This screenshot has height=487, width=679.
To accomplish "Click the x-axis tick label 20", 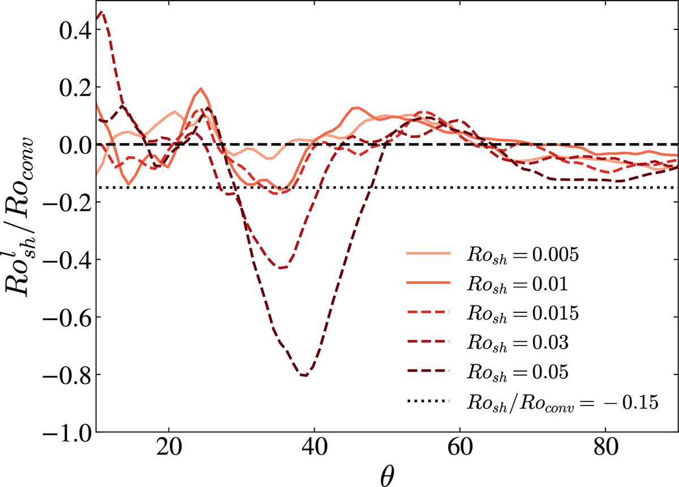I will (x=169, y=453).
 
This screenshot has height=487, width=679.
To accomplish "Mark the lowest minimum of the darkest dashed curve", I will (x=305, y=376).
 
